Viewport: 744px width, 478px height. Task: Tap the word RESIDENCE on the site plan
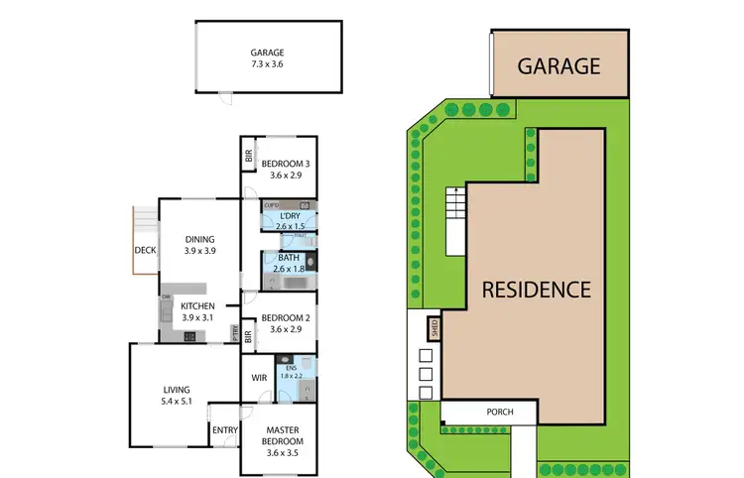click(x=537, y=290)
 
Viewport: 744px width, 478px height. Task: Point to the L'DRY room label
click(x=289, y=215)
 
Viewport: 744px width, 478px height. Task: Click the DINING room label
click(x=199, y=238)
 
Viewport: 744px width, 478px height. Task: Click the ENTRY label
click(x=224, y=429)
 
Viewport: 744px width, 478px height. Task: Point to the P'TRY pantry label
click(x=235, y=333)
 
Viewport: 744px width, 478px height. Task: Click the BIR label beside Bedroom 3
click(x=250, y=156)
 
